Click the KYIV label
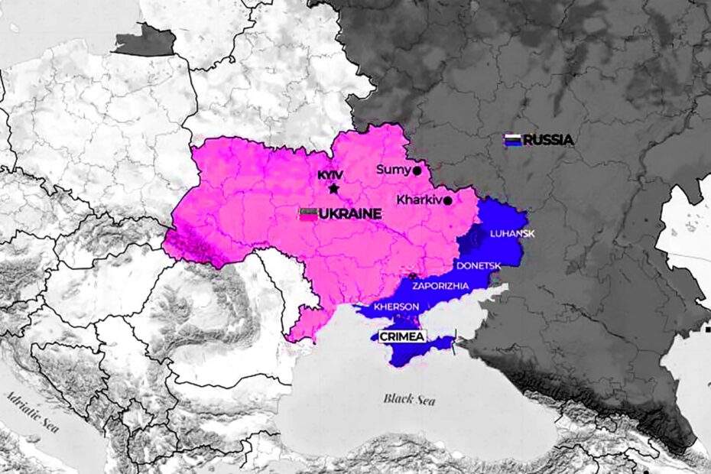(x=330, y=175)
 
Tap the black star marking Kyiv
(x=333, y=188)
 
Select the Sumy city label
(x=394, y=170)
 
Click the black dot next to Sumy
(x=417, y=171)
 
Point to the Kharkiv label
(x=420, y=200)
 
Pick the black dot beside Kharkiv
(x=448, y=201)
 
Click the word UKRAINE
(x=349, y=214)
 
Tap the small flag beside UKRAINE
(x=308, y=214)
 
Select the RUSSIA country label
(x=548, y=140)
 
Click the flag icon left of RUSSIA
(x=512, y=140)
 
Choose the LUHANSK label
(x=511, y=233)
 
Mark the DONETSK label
(x=478, y=265)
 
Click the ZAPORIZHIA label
(x=440, y=285)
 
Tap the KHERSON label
(x=397, y=307)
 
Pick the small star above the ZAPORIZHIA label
(x=414, y=275)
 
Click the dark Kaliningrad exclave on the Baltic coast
(x=144, y=42)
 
